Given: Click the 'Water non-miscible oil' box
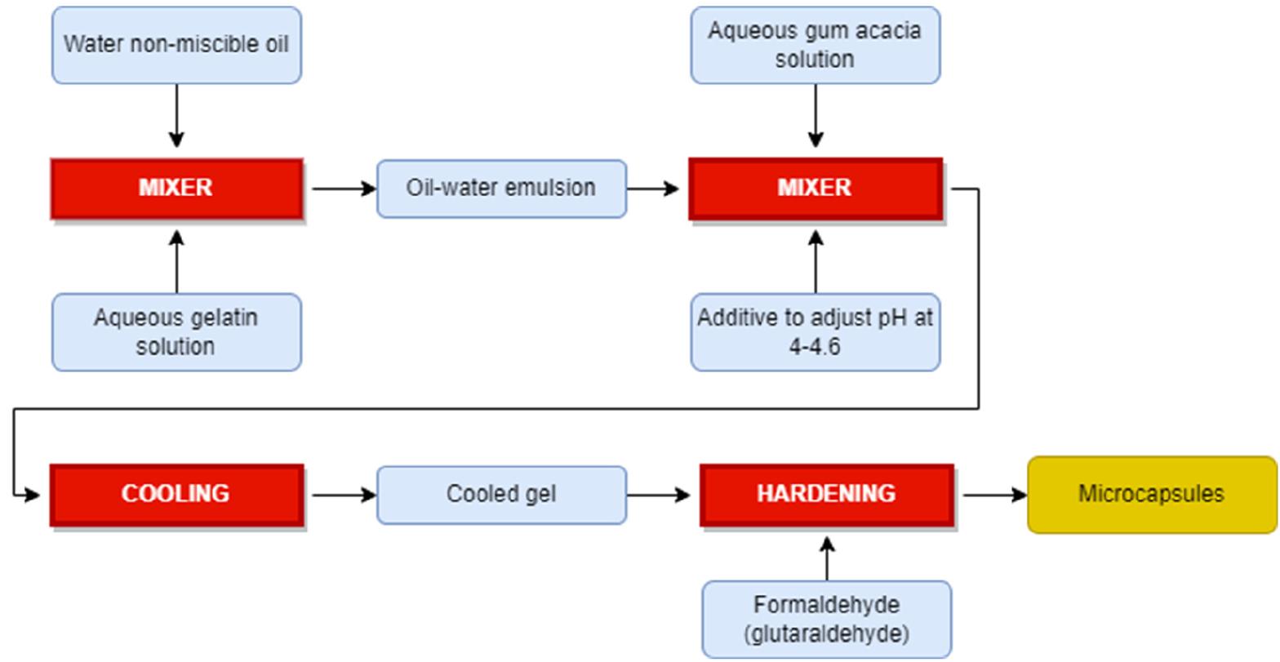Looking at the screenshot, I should click(x=176, y=45).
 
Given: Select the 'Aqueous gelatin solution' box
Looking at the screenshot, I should click(x=176, y=331).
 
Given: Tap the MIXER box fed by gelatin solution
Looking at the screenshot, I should click(x=176, y=189).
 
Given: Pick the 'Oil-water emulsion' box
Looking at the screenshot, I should click(x=501, y=189).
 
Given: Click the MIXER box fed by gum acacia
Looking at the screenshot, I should click(x=815, y=189).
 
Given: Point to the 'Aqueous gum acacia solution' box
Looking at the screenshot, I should click(x=815, y=45).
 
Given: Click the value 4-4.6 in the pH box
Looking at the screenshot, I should click(x=815, y=346).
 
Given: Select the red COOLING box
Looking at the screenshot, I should click(x=176, y=495).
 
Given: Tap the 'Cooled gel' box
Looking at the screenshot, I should click(x=501, y=495).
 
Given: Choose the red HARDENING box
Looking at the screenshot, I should click(x=826, y=495).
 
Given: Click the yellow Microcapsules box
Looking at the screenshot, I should click(x=1151, y=495).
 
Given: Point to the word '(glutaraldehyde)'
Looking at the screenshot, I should click(x=826, y=633).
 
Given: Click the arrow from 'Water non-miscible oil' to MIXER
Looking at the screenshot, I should click(x=176, y=115).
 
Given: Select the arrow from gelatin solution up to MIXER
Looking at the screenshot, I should click(x=176, y=262).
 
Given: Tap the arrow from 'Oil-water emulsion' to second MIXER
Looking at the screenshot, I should click(x=653, y=189).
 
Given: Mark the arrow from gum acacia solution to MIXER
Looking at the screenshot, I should click(x=815, y=115).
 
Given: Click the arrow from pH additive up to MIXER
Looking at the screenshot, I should click(x=815, y=262).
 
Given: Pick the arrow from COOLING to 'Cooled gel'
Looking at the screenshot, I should click(x=343, y=495).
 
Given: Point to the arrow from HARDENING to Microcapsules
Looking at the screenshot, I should click(x=994, y=495).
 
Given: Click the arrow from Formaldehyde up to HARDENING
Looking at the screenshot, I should click(x=826, y=559).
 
